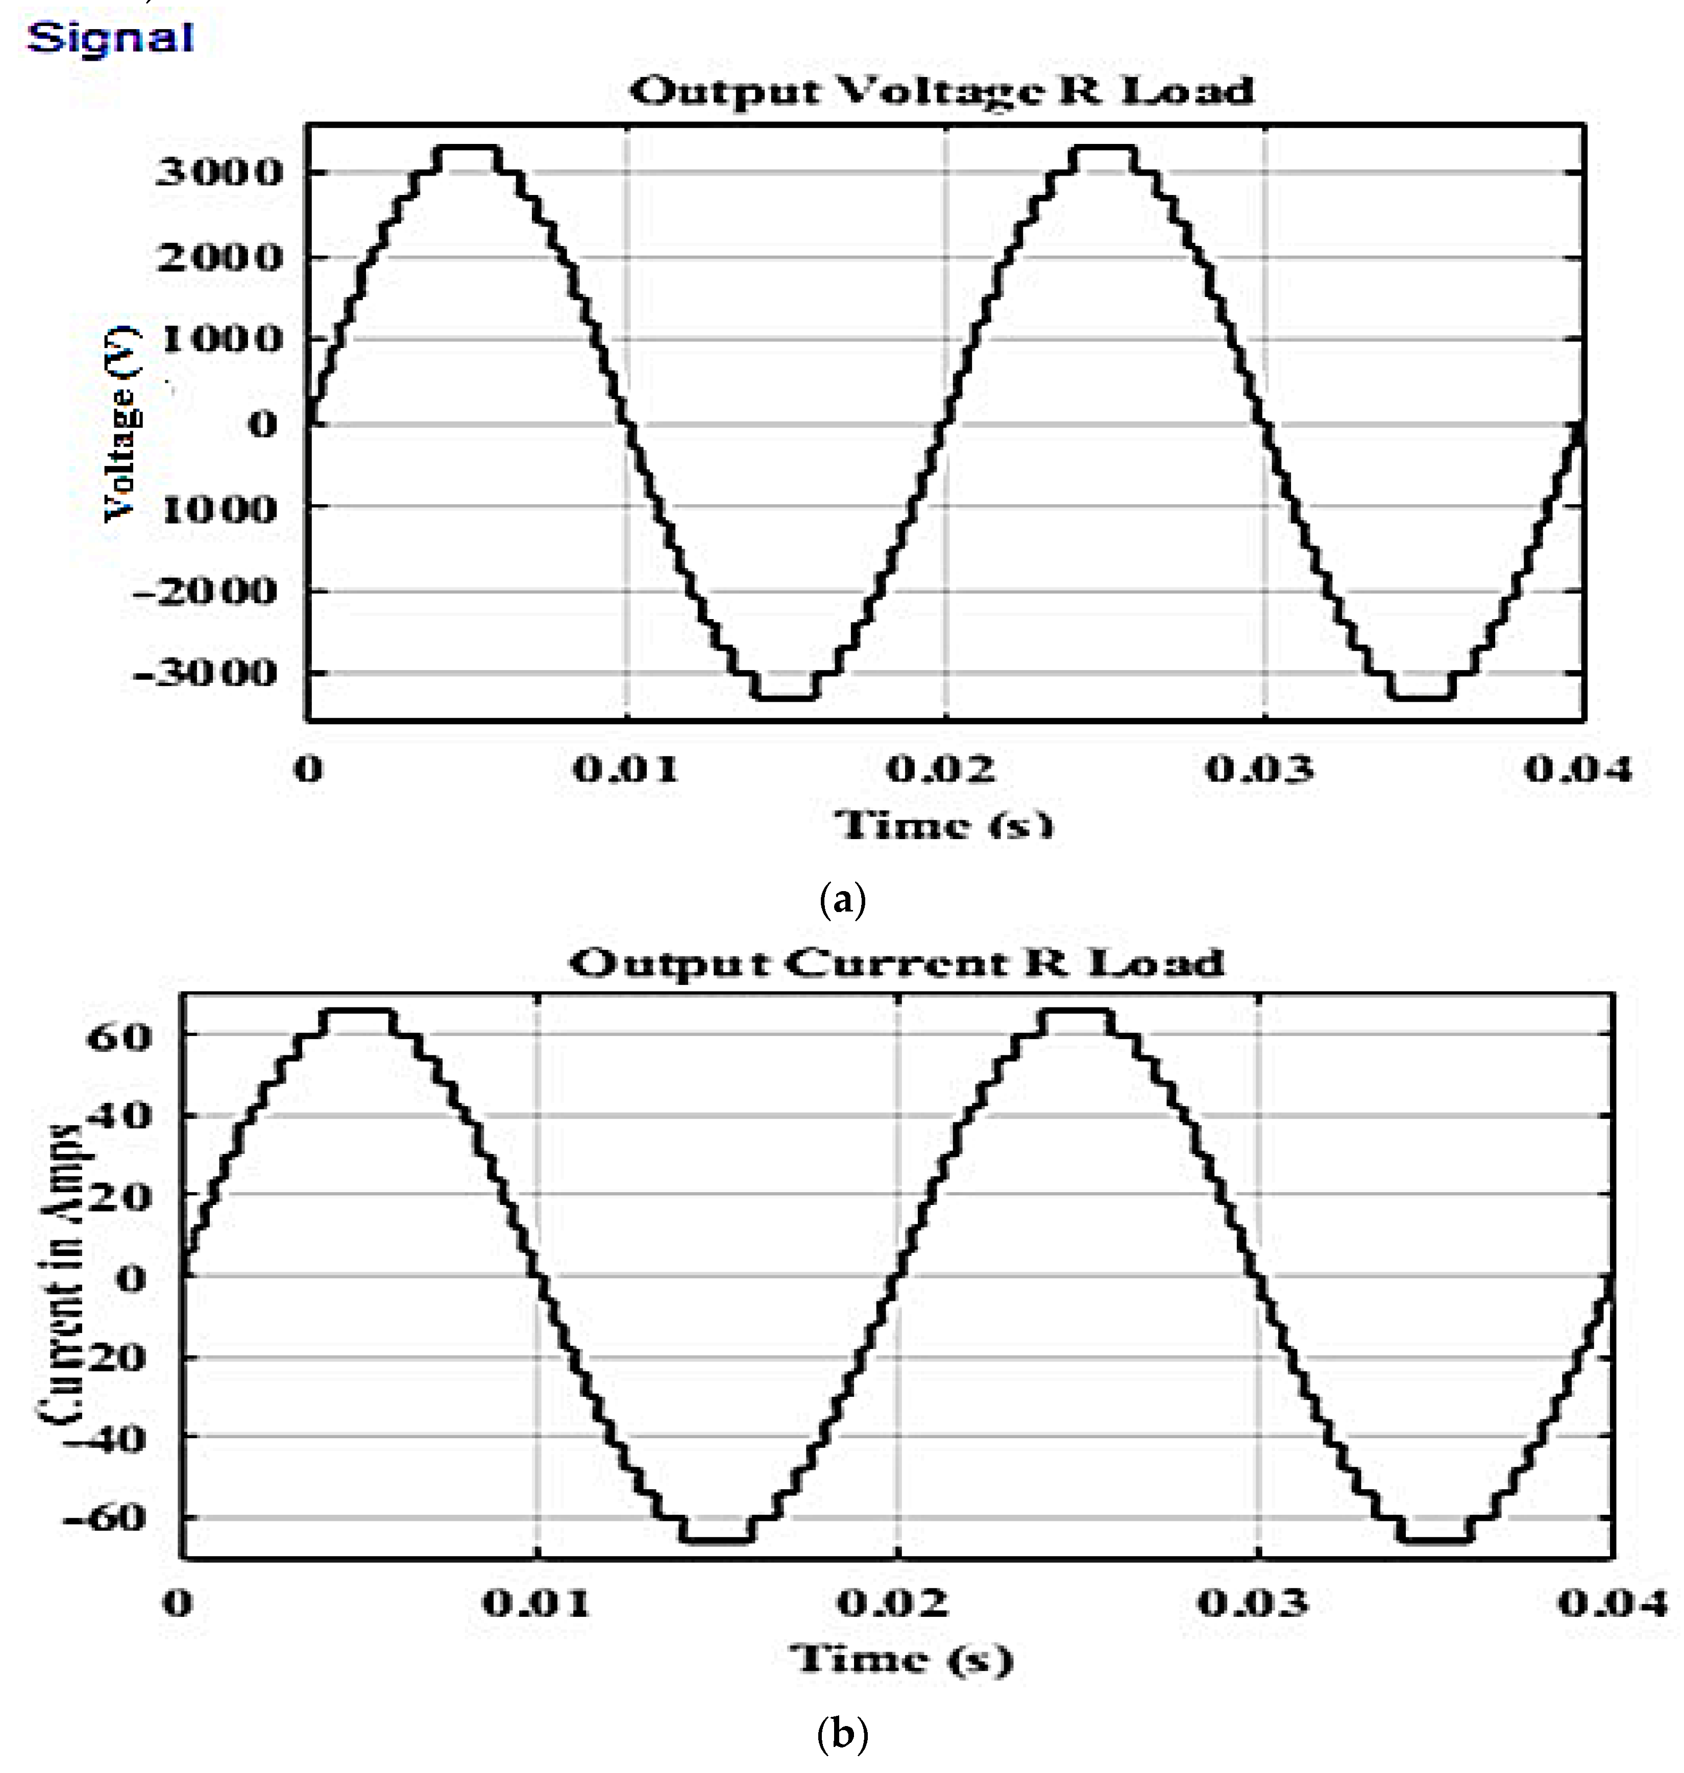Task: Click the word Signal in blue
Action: click(x=110, y=38)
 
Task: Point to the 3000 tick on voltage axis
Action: click(x=220, y=173)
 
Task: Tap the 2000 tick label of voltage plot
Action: click(x=220, y=258)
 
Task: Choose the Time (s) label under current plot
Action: click(x=900, y=1658)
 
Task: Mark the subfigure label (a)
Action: click(x=843, y=899)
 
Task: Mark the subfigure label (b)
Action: click(x=843, y=1735)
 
